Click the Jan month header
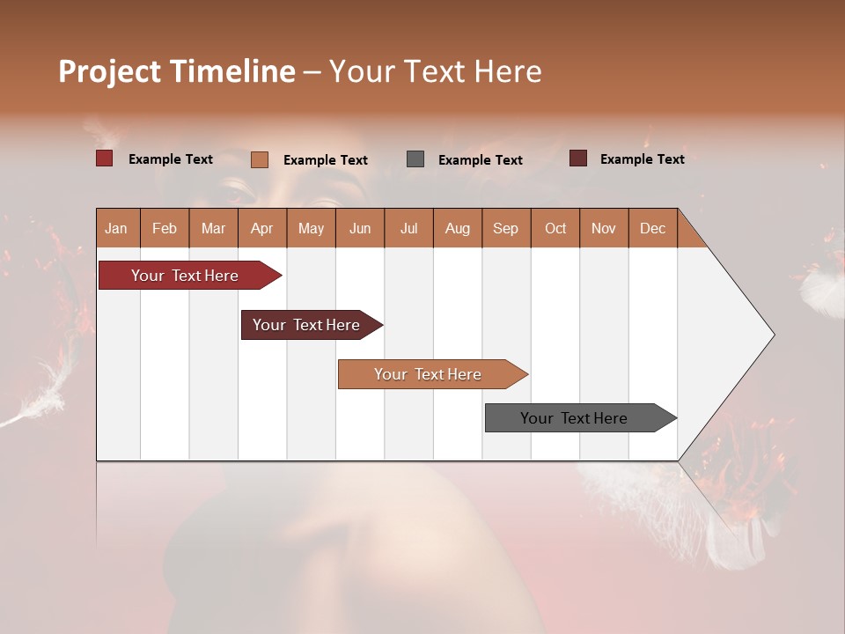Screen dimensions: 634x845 point(116,229)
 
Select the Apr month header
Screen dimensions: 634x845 point(261,229)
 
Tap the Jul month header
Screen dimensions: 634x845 point(408,229)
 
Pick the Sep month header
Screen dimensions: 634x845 point(505,229)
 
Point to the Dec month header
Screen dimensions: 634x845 point(652,229)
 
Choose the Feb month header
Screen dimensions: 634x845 point(165,229)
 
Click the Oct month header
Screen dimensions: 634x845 point(555,229)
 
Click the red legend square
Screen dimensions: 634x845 point(105,158)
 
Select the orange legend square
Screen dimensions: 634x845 point(260,159)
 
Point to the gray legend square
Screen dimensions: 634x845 point(415,159)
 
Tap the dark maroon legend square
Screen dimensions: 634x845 point(578,158)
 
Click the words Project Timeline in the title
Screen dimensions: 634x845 point(177,71)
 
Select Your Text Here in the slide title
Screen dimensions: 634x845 point(435,71)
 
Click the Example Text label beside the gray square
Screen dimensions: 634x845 point(481,160)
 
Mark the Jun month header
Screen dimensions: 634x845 point(360,229)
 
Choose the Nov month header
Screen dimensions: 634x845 point(604,229)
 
